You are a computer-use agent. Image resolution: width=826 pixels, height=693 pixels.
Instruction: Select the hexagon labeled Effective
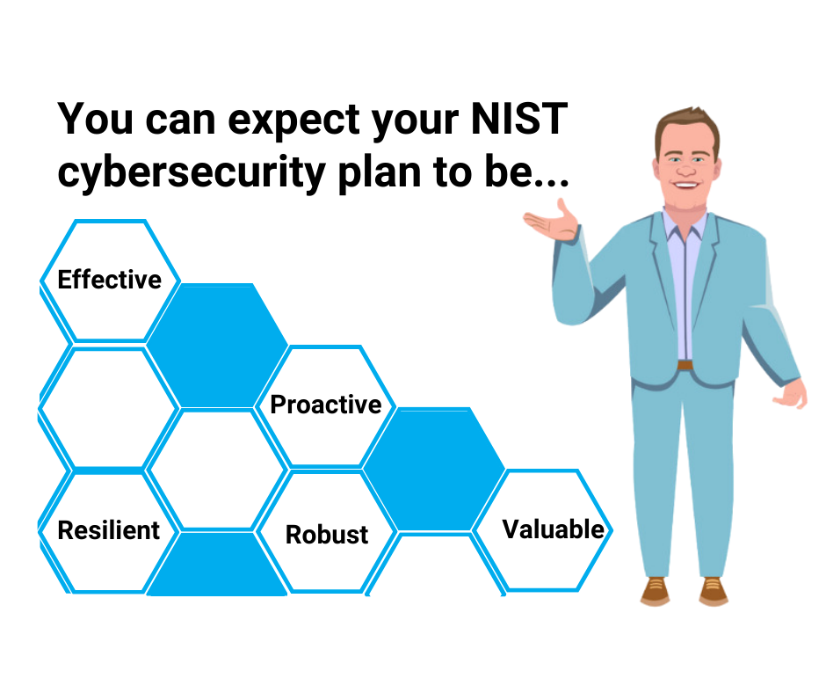pyautogui.click(x=110, y=281)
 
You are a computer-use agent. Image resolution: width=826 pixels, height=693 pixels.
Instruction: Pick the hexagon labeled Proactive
pyautogui.click(x=326, y=405)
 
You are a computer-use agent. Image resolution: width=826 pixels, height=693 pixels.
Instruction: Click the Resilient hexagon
pyautogui.click(x=109, y=530)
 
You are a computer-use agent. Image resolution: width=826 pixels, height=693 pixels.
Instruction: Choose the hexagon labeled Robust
pyautogui.click(x=327, y=534)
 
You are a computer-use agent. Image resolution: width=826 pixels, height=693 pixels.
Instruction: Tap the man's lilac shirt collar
pyautogui.click(x=684, y=217)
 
